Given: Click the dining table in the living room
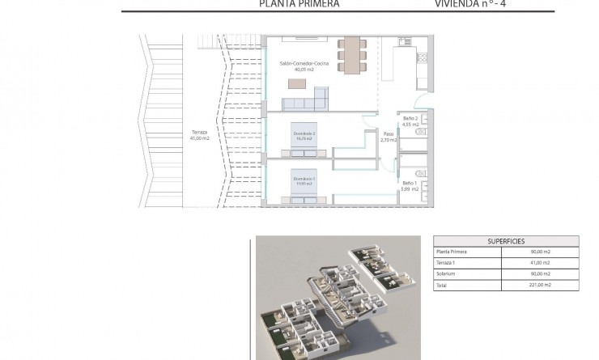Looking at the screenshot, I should click(351, 55).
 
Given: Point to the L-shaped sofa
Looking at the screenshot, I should click(304, 101).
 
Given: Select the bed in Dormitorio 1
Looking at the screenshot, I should click(304, 184).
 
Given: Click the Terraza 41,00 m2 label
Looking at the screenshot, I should click(199, 135).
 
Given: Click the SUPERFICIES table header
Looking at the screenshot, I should click(507, 241).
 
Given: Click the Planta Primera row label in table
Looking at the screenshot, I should click(453, 252).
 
